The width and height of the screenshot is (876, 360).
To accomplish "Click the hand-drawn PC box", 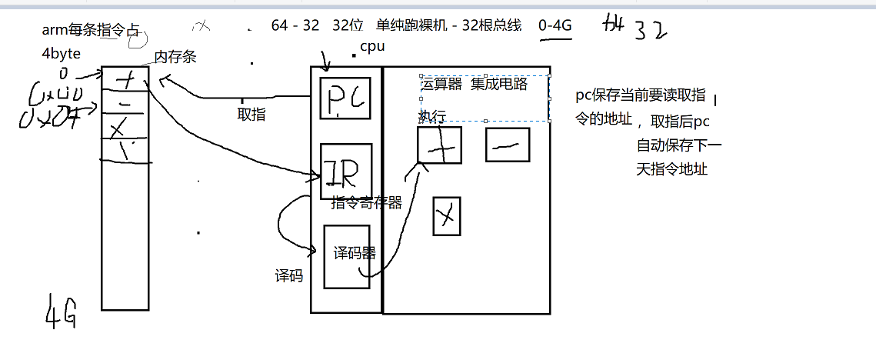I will [345, 98].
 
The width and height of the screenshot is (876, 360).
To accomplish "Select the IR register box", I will [346, 172].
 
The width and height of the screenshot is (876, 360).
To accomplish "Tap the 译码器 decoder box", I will [346, 255].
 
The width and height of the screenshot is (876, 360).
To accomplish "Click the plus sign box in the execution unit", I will [439, 145].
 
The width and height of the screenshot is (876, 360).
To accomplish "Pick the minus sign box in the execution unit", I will [508, 144].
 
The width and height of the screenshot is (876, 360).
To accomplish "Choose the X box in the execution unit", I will [446, 215].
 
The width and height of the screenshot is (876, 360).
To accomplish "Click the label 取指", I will [251, 114].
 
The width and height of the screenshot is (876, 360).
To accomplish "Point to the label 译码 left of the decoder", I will [289, 275].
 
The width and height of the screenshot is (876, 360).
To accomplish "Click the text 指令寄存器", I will [367, 203].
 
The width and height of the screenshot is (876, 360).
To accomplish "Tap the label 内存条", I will [175, 57].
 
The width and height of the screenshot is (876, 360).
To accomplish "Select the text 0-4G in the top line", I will [555, 25].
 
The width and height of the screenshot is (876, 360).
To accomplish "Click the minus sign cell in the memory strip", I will [125, 102].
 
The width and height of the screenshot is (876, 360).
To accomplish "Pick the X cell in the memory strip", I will [125, 125].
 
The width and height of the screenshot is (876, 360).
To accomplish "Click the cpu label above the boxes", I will [372, 47].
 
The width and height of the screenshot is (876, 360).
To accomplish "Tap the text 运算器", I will [441, 85].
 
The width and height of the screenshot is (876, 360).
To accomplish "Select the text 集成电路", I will [499, 85].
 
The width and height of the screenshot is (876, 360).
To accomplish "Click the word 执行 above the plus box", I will [432, 116].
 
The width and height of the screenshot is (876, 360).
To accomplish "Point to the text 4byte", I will [62, 55].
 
